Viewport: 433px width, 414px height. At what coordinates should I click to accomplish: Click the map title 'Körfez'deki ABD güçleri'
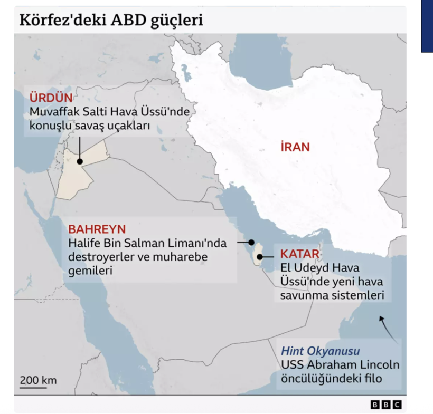[x=111, y=20]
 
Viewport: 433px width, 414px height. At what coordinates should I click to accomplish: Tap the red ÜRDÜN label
[x=51, y=99]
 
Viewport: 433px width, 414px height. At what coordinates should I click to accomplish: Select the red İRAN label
[x=295, y=147]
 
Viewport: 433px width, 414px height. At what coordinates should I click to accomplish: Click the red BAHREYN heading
[x=97, y=229]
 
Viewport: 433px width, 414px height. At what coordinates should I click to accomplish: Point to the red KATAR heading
[x=299, y=255]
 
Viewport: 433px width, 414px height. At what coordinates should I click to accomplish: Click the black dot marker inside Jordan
[x=79, y=162]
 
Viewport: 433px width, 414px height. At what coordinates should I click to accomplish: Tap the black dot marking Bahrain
[x=252, y=243]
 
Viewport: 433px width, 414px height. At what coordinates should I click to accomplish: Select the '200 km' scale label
[x=38, y=380]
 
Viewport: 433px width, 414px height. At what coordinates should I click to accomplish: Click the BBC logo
[x=386, y=405]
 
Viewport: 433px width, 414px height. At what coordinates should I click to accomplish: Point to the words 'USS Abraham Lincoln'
[x=340, y=365]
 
